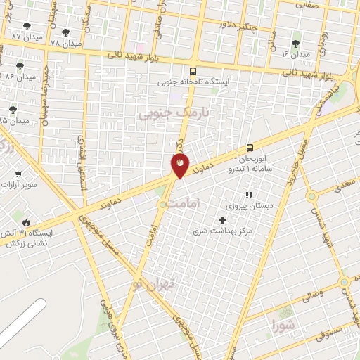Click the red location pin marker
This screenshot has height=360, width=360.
click(x=180, y=165)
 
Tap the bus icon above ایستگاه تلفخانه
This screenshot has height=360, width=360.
click(x=193, y=70)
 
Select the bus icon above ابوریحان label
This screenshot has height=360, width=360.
click(x=250, y=148)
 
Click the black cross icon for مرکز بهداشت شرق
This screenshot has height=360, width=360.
click(x=223, y=220)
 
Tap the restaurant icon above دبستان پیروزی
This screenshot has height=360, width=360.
click(x=247, y=195)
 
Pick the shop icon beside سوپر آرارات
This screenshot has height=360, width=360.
click(x=18, y=174)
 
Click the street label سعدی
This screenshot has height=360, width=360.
click(x=337, y=184)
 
